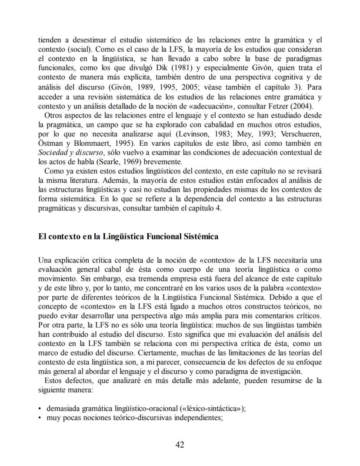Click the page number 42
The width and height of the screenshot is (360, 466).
(180, 444)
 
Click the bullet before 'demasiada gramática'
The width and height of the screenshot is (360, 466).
(40, 409)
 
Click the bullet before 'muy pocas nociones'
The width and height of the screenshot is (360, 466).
(40, 418)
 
